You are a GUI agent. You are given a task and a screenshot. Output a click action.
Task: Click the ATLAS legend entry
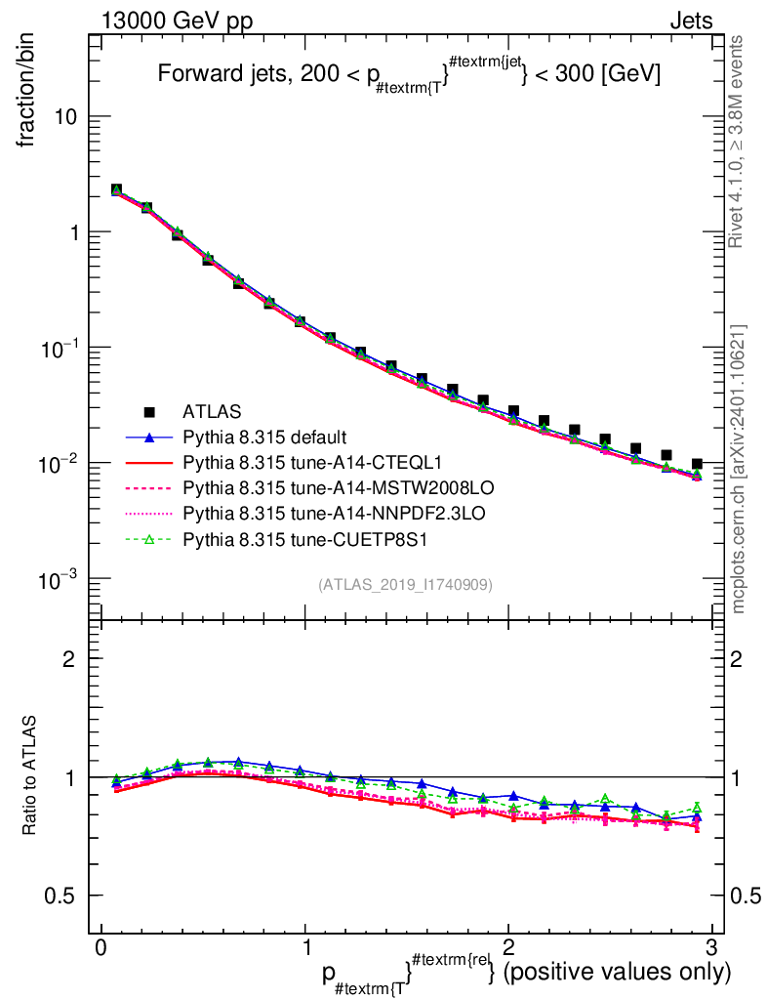[x=211, y=412]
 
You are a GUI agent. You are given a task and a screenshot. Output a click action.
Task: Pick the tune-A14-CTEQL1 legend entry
[x=292, y=462]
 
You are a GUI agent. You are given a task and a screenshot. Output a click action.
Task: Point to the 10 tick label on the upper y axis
[x=65, y=117]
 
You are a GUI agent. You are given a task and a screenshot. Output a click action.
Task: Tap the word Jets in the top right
[x=690, y=21]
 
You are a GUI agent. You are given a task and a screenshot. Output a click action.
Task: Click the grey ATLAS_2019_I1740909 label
[x=405, y=584]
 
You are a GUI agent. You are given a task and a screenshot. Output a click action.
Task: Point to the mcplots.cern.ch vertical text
[x=740, y=469]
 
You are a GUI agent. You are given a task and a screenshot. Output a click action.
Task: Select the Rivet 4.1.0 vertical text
[x=740, y=142]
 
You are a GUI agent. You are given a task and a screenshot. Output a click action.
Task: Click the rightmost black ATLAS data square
[x=696, y=464]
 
